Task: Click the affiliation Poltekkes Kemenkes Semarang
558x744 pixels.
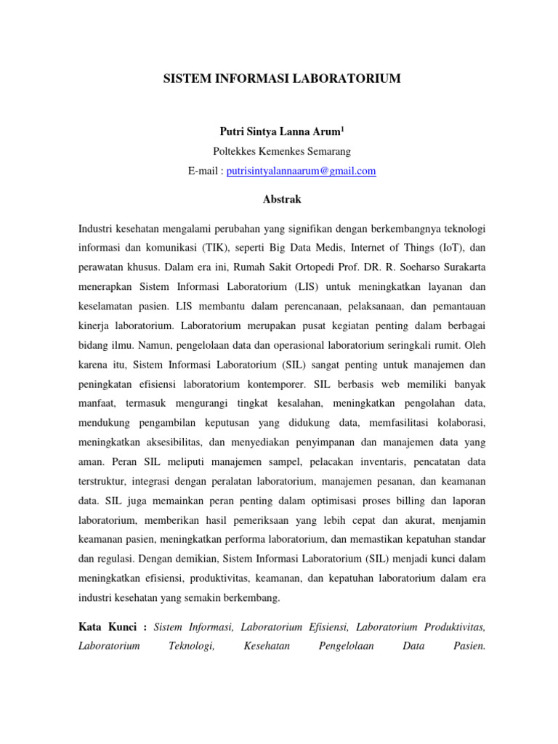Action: (x=282, y=151)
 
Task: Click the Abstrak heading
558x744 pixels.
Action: (x=281, y=198)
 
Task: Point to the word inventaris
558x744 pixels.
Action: (x=360, y=461)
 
